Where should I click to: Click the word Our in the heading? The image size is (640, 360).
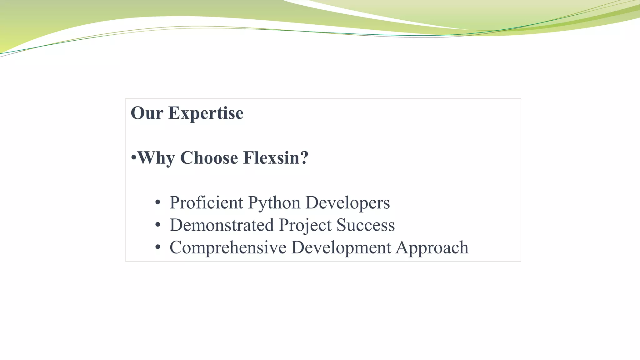(x=147, y=113)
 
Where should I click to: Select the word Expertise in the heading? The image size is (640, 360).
(x=206, y=113)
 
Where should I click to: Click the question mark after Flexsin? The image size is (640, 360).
(x=304, y=158)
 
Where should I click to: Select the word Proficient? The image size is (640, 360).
(x=206, y=202)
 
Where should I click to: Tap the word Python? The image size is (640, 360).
(x=274, y=203)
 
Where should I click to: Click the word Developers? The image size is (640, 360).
(x=347, y=203)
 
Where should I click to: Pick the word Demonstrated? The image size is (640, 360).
(x=222, y=225)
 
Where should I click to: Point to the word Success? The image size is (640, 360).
(x=366, y=225)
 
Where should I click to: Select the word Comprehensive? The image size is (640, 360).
(x=228, y=247)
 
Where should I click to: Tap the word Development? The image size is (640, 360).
(x=341, y=248)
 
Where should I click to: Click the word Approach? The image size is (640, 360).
(x=432, y=248)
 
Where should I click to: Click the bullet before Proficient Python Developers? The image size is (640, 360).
(x=158, y=203)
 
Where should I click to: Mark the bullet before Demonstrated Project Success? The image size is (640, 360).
(x=158, y=225)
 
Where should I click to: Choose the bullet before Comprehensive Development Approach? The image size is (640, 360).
(x=158, y=247)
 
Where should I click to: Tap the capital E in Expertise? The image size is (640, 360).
(x=174, y=113)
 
